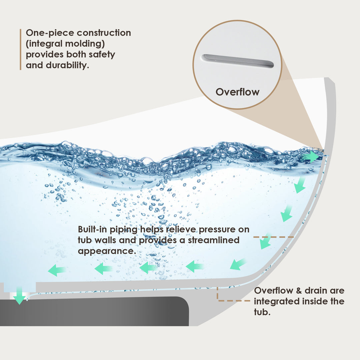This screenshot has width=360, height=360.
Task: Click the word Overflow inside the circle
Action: click(237, 92)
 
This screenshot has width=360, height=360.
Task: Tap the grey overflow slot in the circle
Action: click(238, 61)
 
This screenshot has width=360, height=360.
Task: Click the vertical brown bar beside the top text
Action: click(20, 49)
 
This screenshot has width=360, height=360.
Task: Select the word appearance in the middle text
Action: click(107, 251)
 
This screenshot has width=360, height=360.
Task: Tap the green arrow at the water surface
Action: click(311, 156)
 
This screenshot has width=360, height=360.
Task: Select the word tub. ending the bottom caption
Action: click(262, 312)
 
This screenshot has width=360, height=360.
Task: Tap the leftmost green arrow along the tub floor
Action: click(57, 270)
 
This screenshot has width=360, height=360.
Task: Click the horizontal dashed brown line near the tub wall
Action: click(273, 237)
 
